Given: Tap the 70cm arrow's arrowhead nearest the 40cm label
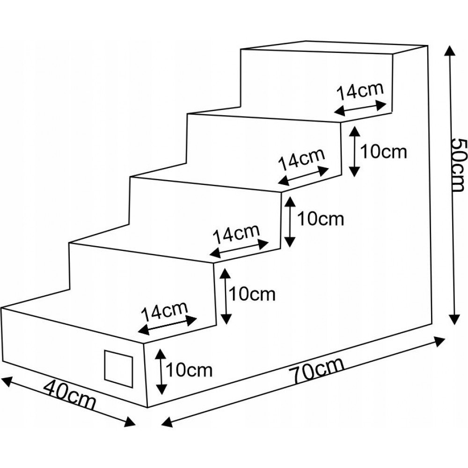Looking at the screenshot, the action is [167, 422].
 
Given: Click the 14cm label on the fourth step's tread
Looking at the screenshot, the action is [359, 91].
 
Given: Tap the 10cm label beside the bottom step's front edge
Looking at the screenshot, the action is [189, 370].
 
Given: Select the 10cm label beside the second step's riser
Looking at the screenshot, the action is [252, 294].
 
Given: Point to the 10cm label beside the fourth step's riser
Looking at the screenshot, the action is [384, 152].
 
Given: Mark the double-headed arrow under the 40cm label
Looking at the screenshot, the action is [69, 402].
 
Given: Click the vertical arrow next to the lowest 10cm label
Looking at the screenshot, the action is [161, 371].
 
